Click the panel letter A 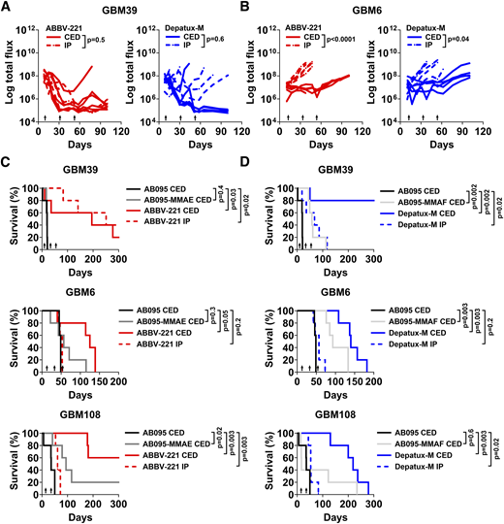coord(8,8)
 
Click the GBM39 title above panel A coord(127,9)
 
